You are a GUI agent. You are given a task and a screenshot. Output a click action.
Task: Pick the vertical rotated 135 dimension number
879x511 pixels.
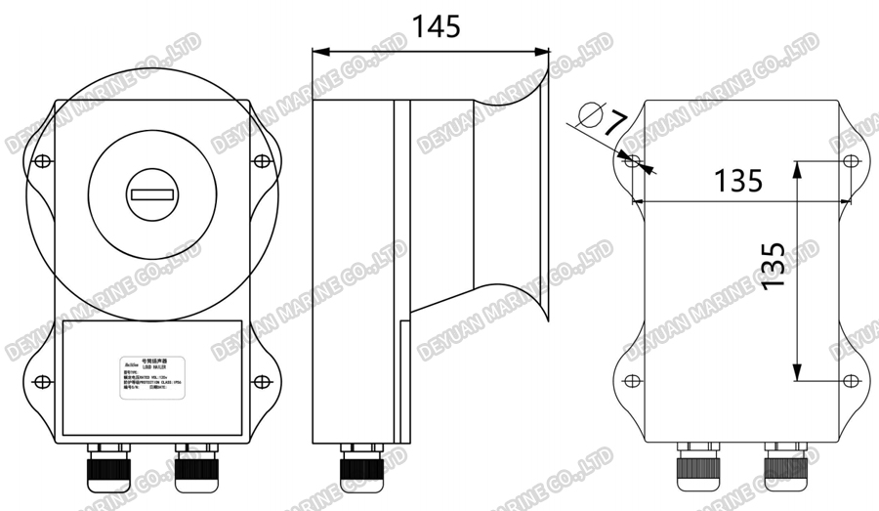click(x=773, y=263)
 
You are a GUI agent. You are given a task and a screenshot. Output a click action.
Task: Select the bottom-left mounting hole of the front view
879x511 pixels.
click(x=40, y=380)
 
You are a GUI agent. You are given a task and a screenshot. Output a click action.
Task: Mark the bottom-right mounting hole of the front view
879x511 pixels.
click(x=260, y=380)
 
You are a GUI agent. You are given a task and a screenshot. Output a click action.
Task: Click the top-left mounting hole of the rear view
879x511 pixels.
click(x=631, y=160)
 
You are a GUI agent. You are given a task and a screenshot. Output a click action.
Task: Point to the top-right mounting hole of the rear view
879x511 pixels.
click(x=850, y=160)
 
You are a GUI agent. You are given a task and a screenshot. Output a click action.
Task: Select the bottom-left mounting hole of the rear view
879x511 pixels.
click(x=631, y=380)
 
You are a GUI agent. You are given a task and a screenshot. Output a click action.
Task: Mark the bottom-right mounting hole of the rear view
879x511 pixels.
click(x=850, y=380)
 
